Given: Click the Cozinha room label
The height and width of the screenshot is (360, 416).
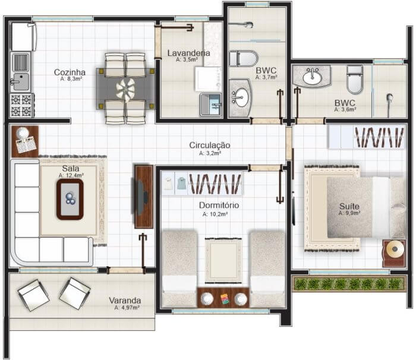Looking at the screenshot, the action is coord(70,72).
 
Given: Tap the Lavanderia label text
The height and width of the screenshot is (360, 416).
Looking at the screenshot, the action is coord(188,53).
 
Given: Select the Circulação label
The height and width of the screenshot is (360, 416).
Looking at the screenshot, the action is coord(210,145).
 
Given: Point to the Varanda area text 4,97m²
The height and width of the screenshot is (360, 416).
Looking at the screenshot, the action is coord(127,308).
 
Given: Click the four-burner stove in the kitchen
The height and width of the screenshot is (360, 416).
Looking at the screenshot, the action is coord(22,105).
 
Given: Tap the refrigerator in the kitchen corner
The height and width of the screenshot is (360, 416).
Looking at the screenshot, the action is coord(23,37).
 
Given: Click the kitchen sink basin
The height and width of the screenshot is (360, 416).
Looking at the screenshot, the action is coord(21,82).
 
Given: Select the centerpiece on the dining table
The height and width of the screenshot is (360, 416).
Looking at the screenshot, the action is coord(125,89).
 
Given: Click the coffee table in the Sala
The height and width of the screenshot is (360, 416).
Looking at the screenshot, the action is coord(70,199).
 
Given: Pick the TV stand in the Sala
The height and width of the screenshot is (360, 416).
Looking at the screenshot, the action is coord(144,197).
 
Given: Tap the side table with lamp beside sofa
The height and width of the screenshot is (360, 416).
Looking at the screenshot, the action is coord(25,141).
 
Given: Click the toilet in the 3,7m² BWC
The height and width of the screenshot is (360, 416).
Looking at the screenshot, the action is coord(243,58).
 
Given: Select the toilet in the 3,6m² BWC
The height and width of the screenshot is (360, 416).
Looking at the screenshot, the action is coord(355,80).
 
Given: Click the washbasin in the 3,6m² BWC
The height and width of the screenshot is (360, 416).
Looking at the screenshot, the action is coord(312,77).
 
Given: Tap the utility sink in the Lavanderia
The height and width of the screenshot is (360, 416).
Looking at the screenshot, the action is coord(211,105).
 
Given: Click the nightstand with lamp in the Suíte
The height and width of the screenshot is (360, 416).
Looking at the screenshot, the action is coord(394,253).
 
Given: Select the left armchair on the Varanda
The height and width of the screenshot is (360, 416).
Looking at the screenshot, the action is coord(33,295).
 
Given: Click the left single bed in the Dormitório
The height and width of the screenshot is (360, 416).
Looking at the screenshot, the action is coord(179,269).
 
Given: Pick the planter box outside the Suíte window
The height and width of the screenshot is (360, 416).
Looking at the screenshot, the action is coord(349,284).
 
